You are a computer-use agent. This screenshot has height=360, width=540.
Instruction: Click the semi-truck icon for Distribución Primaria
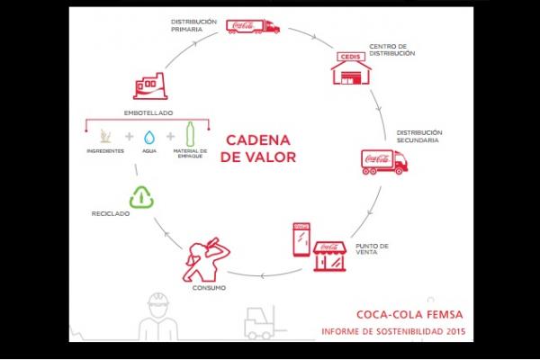[x=253, y=26]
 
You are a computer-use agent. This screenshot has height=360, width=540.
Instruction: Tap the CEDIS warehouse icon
[x=351, y=68]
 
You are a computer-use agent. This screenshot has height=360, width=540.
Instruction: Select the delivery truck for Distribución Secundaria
[x=384, y=162]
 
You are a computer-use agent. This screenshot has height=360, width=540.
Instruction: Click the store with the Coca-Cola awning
[x=329, y=256]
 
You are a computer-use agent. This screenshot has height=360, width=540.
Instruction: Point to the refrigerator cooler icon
[x=301, y=239]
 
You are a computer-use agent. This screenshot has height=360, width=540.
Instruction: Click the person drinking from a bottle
[x=205, y=260]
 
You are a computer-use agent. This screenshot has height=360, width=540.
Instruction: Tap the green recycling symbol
[x=141, y=197]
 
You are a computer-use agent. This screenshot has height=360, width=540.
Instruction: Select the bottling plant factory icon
[x=150, y=86]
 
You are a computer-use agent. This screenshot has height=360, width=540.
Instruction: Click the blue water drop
[x=149, y=137]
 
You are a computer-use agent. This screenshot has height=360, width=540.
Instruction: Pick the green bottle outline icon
[x=190, y=134]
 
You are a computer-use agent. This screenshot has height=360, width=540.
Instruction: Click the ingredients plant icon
[x=105, y=136]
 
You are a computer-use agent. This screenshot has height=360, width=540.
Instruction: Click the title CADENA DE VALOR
[x=258, y=148]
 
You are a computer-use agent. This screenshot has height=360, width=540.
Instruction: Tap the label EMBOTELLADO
[x=148, y=113]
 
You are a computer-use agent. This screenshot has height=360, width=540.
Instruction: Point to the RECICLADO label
[x=111, y=213]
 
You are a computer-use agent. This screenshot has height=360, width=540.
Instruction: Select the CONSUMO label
[x=209, y=288]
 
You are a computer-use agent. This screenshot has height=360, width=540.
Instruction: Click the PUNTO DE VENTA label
[x=372, y=249]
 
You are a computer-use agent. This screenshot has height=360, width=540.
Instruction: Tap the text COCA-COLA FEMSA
[x=409, y=314]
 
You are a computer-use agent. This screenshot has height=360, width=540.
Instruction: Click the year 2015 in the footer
[x=456, y=331]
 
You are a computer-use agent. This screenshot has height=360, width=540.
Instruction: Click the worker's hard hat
[x=158, y=299]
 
